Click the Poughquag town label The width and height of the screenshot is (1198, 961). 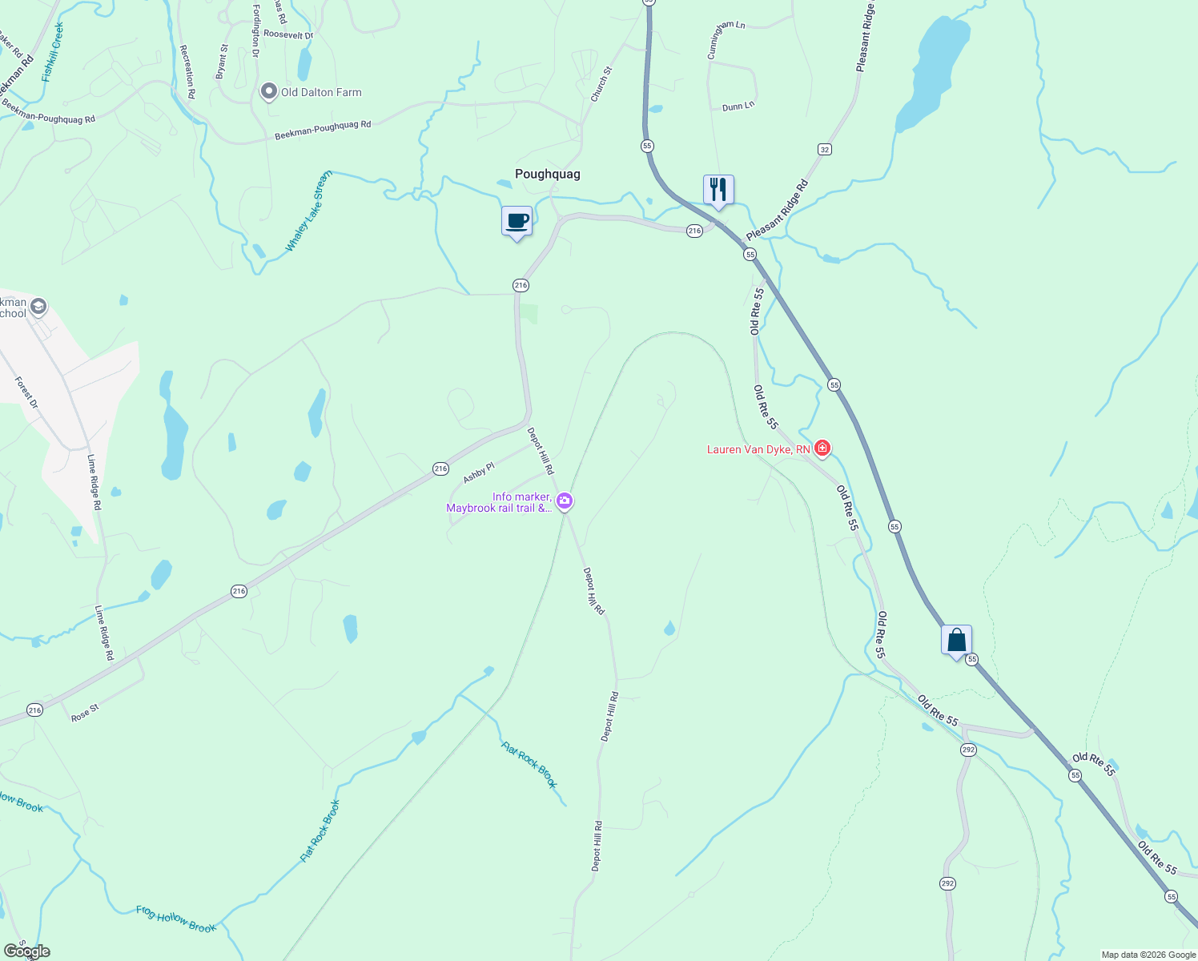(x=548, y=174)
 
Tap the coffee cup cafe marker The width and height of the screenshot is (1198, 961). (x=517, y=221)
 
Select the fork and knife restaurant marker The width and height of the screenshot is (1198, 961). (x=718, y=190)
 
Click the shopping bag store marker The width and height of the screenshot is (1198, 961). (x=956, y=641)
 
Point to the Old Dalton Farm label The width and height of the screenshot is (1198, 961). (x=321, y=92)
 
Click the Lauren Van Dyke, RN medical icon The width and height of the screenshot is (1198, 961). (x=822, y=448)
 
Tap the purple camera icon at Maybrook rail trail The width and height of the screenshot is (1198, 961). (x=565, y=501)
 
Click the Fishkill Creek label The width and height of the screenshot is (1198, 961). (x=53, y=51)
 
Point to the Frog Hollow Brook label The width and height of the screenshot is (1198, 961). (x=175, y=918)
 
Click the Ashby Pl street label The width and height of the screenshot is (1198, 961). (x=479, y=472)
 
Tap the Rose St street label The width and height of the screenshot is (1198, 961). (x=85, y=713)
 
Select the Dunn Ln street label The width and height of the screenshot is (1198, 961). (x=738, y=106)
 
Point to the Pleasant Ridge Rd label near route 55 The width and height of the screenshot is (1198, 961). (x=778, y=211)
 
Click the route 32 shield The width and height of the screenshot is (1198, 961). (x=825, y=150)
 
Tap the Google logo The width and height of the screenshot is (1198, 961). (x=26, y=951)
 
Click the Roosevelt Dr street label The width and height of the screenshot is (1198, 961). (x=288, y=35)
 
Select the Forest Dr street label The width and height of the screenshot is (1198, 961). (x=26, y=392)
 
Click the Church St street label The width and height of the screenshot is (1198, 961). (x=601, y=84)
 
